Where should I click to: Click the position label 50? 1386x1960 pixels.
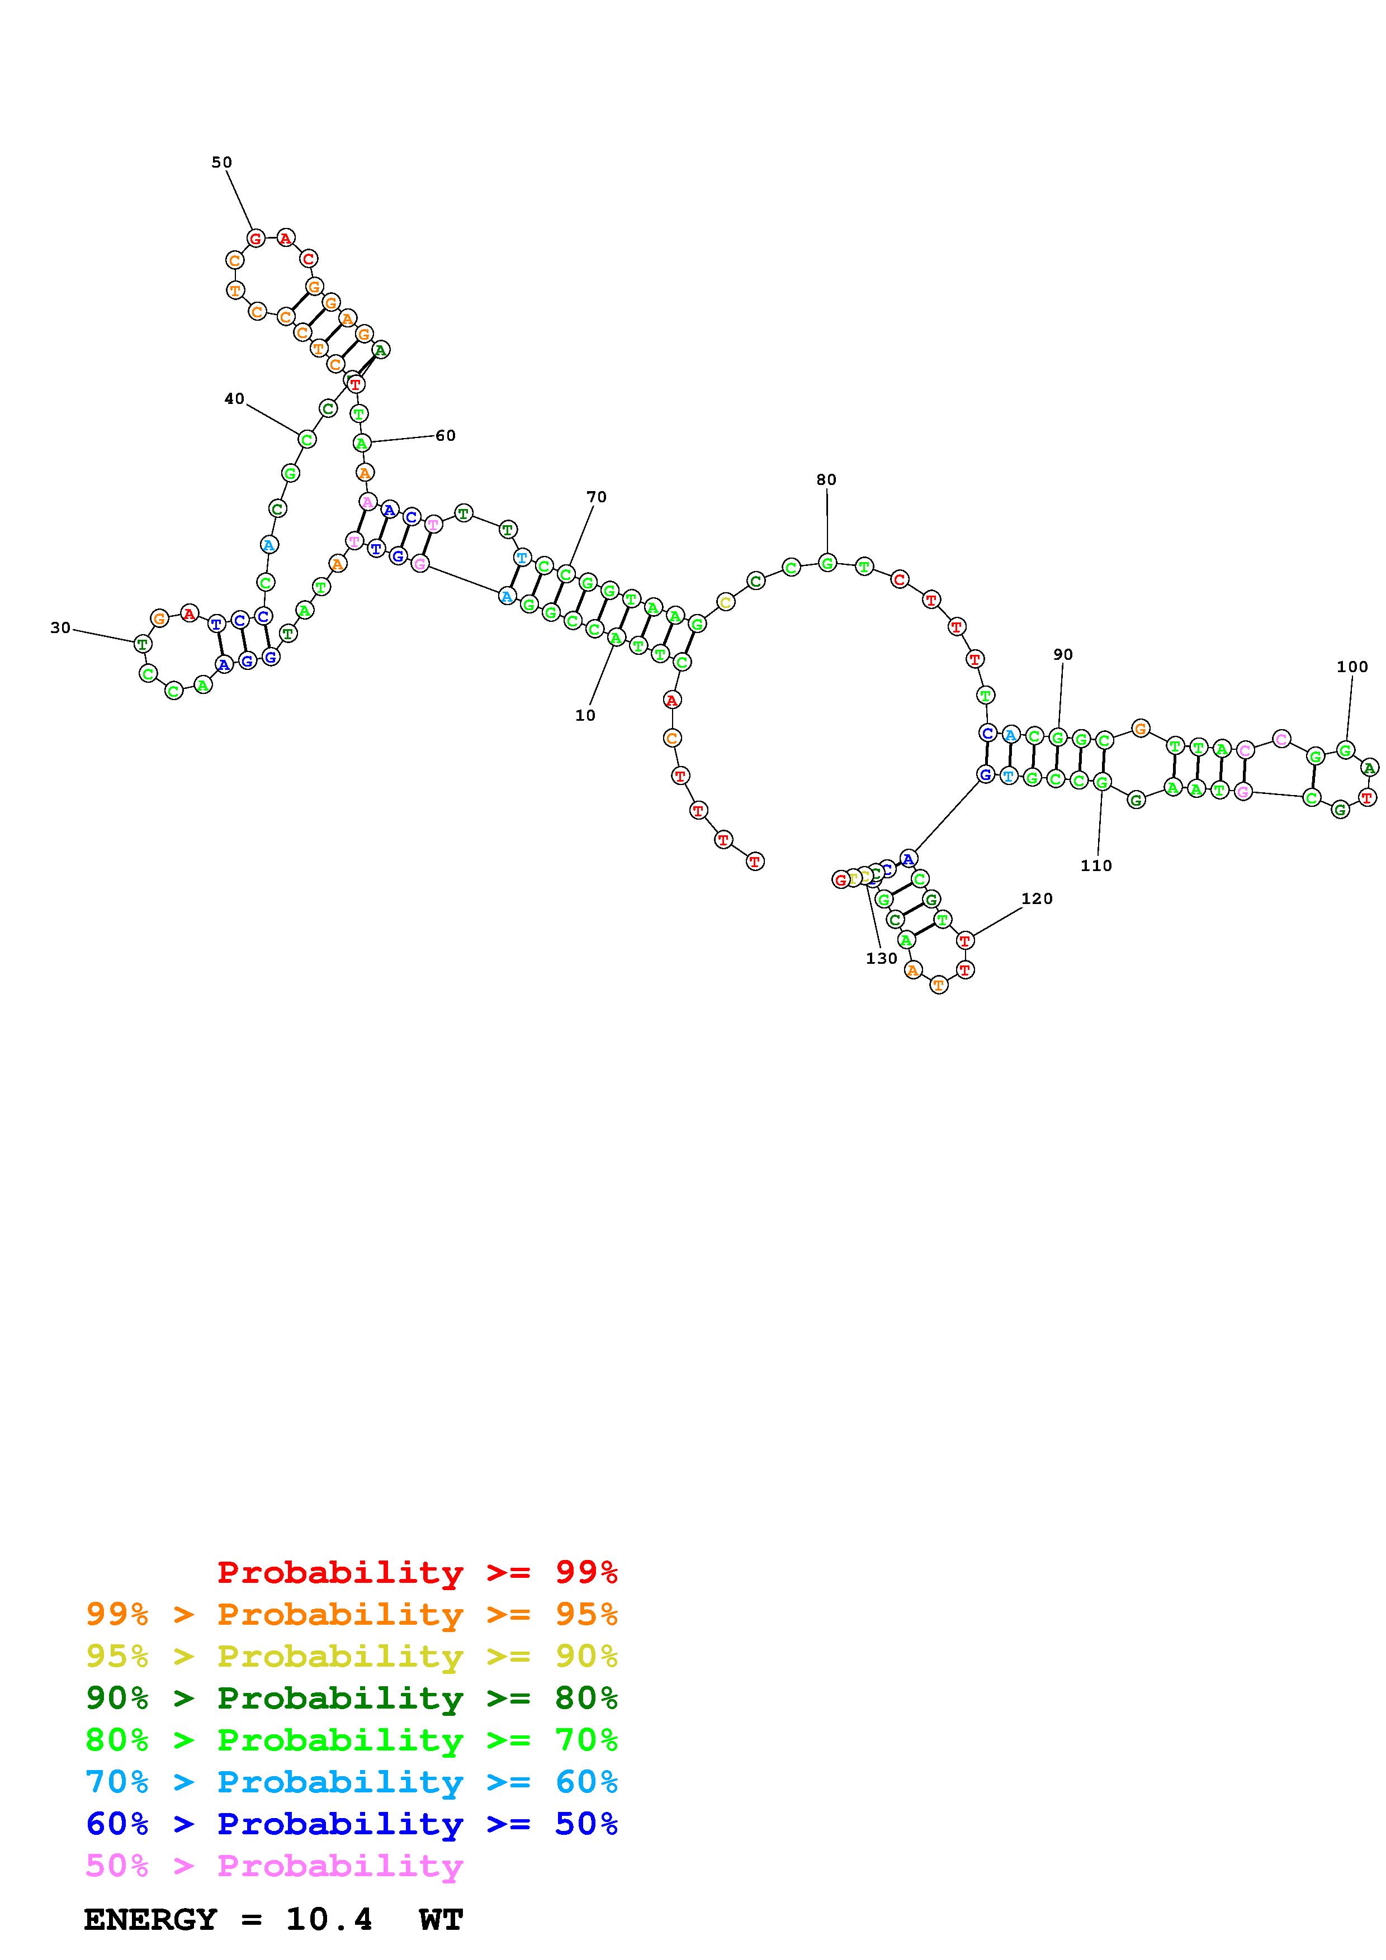pos(221,162)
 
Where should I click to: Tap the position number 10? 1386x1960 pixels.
pos(585,715)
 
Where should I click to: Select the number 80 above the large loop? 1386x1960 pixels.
pos(826,480)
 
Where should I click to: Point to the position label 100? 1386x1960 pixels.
pos(1352,667)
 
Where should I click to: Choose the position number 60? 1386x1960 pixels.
pos(445,435)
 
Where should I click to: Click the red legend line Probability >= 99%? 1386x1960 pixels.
pos(417,1572)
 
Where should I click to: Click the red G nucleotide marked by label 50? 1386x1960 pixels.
pos(256,238)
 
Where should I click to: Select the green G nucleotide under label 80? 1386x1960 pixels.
pos(827,563)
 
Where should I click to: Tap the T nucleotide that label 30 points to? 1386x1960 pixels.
pos(143,644)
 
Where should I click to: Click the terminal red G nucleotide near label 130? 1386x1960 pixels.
pos(840,879)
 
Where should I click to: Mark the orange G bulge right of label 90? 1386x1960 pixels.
pos(1139,728)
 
